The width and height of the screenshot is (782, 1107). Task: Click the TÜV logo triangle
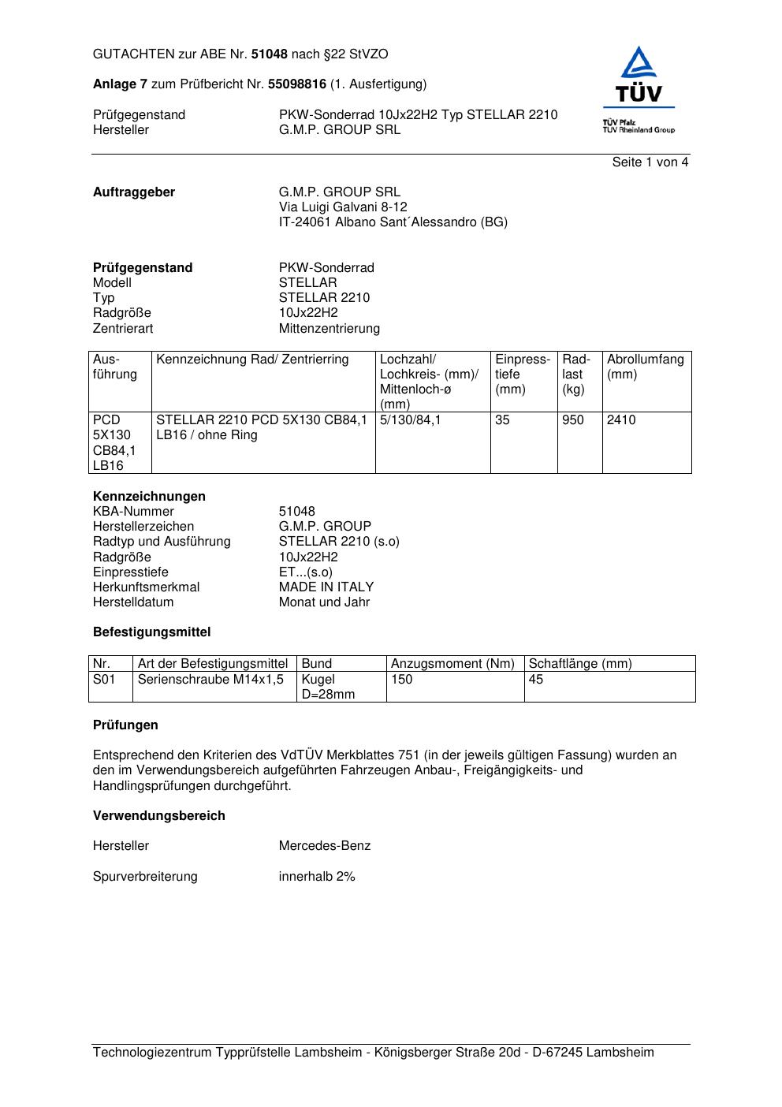(638, 65)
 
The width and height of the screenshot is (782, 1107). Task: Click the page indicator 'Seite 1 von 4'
(650, 162)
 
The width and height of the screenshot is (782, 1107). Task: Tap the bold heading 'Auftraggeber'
(134, 192)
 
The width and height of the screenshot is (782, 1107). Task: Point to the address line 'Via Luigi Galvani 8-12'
(343, 207)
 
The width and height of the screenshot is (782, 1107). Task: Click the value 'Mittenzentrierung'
(329, 329)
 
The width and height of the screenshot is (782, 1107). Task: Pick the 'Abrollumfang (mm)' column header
(645, 367)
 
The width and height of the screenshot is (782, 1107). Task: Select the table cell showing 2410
(620, 420)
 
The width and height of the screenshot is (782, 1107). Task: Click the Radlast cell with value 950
(573, 420)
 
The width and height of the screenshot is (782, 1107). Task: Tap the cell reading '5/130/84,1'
(411, 420)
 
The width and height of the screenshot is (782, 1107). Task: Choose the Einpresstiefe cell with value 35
(503, 420)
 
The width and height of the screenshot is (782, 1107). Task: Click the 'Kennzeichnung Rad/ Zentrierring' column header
(252, 360)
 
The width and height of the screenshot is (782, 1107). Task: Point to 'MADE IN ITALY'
(326, 587)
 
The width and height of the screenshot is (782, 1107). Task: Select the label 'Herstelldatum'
(133, 602)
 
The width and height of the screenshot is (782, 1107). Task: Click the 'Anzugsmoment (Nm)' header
(452, 664)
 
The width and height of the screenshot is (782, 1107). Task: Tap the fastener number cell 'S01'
(104, 680)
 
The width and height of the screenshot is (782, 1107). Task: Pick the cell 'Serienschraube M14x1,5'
(210, 680)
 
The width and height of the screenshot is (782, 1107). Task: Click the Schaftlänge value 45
(536, 680)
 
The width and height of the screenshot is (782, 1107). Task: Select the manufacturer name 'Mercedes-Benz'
(325, 846)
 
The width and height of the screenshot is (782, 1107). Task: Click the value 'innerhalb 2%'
(317, 877)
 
